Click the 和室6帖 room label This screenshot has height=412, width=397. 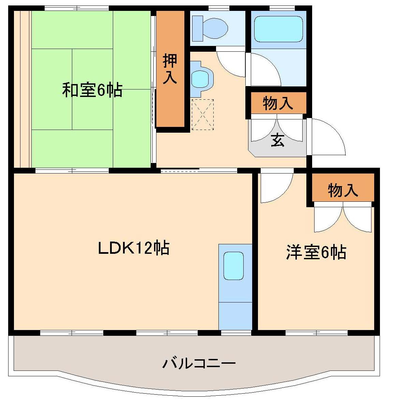click(92, 90)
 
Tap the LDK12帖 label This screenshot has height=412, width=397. click(134, 248)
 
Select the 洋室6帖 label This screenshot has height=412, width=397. click(316, 252)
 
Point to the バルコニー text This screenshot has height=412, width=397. click(199, 363)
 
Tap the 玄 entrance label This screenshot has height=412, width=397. click(277, 141)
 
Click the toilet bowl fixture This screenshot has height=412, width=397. click(211, 27)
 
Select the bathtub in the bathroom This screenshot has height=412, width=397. click(278, 29)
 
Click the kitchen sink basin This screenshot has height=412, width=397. click(233, 266)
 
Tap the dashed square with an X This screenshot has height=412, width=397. click(202, 115)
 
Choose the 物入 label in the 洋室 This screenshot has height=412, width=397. click(342, 190)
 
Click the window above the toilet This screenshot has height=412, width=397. click(218, 8)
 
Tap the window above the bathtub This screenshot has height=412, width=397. click(281, 8)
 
